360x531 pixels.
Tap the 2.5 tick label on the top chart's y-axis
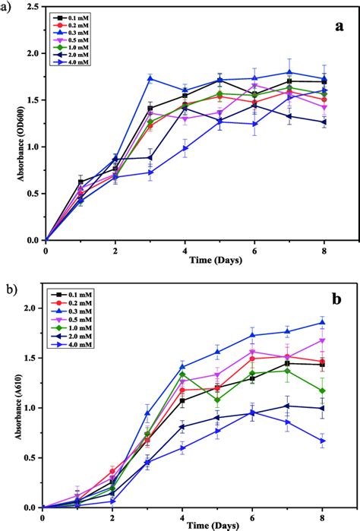(x=34, y=8)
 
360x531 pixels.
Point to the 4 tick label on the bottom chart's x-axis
(x=182, y=517)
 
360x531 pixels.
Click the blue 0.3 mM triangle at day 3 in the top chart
(x=150, y=78)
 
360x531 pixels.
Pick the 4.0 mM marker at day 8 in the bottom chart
(x=322, y=440)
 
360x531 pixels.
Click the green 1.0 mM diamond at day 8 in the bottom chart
(x=322, y=390)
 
